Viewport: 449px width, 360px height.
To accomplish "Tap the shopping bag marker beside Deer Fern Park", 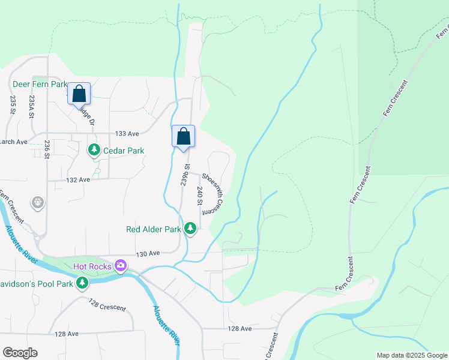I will [x=79, y=94].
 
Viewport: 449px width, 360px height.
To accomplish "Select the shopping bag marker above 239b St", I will [x=184, y=136].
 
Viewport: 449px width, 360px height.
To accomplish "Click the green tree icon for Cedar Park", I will [x=94, y=149].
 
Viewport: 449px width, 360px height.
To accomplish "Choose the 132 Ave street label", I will [x=77, y=179].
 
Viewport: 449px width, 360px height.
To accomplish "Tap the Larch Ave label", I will [x=14, y=142].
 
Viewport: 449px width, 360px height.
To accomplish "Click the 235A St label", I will [x=32, y=106].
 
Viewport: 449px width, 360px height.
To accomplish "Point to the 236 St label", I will [x=47, y=149].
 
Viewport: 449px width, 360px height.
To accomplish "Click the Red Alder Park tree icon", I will [x=190, y=228].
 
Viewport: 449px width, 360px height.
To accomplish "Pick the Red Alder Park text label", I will [x=154, y=229].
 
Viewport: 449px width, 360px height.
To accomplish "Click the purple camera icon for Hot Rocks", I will [x=121, y=265].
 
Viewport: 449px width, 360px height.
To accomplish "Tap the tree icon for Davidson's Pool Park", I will [x=82, y=283].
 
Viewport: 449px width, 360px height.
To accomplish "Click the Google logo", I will [x=20, y=353].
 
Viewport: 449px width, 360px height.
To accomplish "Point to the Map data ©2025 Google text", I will [x=411, y=355].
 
